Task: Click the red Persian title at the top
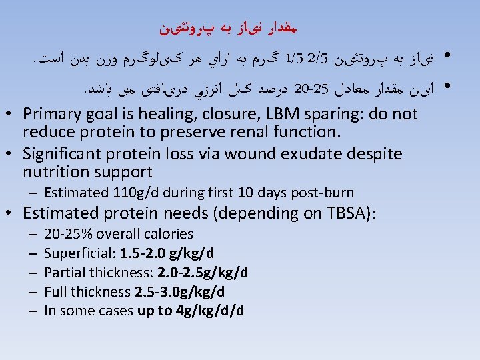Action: pos(239,28)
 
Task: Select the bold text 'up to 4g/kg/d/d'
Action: pos(191,311)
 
